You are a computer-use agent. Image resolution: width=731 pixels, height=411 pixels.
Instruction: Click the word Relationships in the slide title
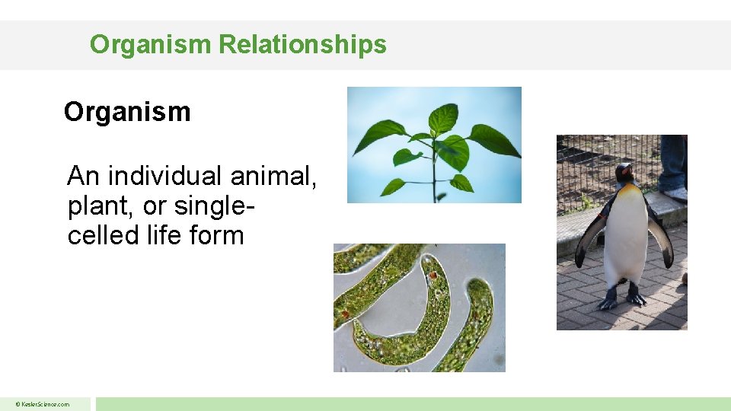[302, 44]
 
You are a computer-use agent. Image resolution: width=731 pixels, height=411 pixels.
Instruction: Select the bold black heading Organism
[127, 112]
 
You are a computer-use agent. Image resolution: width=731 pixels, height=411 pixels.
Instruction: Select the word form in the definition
[216, 235]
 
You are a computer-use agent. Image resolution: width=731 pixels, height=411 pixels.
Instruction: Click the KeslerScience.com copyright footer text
[45, 404]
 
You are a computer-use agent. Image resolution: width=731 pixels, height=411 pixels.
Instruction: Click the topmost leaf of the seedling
[443, 117]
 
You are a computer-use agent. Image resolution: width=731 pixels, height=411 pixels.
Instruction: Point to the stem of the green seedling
[434, 179]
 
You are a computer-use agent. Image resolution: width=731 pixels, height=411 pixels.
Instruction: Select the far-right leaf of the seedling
[494, 140]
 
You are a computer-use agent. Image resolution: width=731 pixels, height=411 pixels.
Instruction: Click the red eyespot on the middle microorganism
[433, 276]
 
